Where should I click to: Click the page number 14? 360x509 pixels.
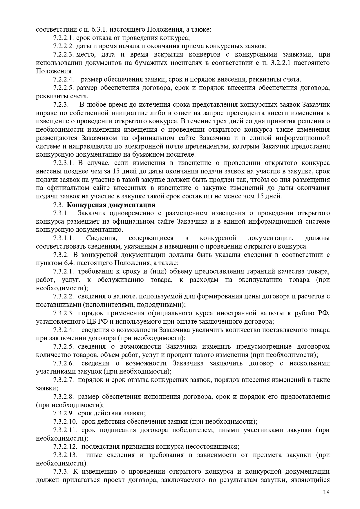click(326, 492)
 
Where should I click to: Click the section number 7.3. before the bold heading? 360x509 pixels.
click(58, 205)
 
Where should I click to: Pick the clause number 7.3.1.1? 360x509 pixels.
click(63, 238)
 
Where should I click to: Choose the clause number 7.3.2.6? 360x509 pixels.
click(63, 363)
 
